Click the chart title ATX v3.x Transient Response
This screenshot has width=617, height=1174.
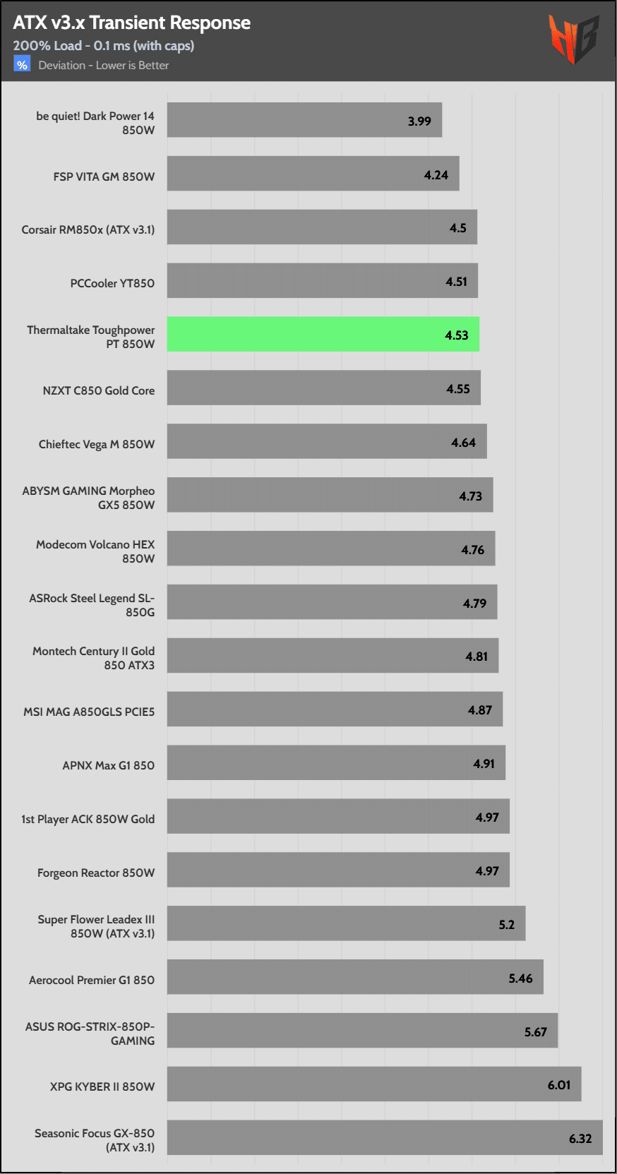click(131, 23)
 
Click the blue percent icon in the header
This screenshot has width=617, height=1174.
click(22, 65)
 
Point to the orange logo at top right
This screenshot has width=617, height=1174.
click(573, 39)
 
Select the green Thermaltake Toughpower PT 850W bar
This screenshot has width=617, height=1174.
click(323, 334)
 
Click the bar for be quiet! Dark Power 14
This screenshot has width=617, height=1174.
click(304, 120)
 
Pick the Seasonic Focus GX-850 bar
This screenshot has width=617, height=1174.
click(385, 1137)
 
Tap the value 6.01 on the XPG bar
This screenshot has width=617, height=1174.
click(559, 1085)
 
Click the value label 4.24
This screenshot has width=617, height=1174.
click(436, 175)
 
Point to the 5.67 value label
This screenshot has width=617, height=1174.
click(536, 1032)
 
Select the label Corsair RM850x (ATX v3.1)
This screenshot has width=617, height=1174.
click(88, 229)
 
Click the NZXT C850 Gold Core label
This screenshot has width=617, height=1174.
click(99, 390)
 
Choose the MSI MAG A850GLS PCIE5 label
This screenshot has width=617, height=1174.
click(89, 712)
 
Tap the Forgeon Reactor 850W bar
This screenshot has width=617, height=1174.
click(338, 870)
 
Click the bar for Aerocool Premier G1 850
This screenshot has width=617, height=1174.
click(355, 977)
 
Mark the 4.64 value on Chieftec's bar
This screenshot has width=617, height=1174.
click(464, 443)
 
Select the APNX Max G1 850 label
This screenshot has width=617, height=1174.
click(109, 765)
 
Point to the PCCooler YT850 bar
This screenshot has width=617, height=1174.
click(322, 281)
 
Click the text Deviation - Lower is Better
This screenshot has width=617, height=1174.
click(104, 66)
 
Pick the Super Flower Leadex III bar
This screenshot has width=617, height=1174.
click(346, 923)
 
